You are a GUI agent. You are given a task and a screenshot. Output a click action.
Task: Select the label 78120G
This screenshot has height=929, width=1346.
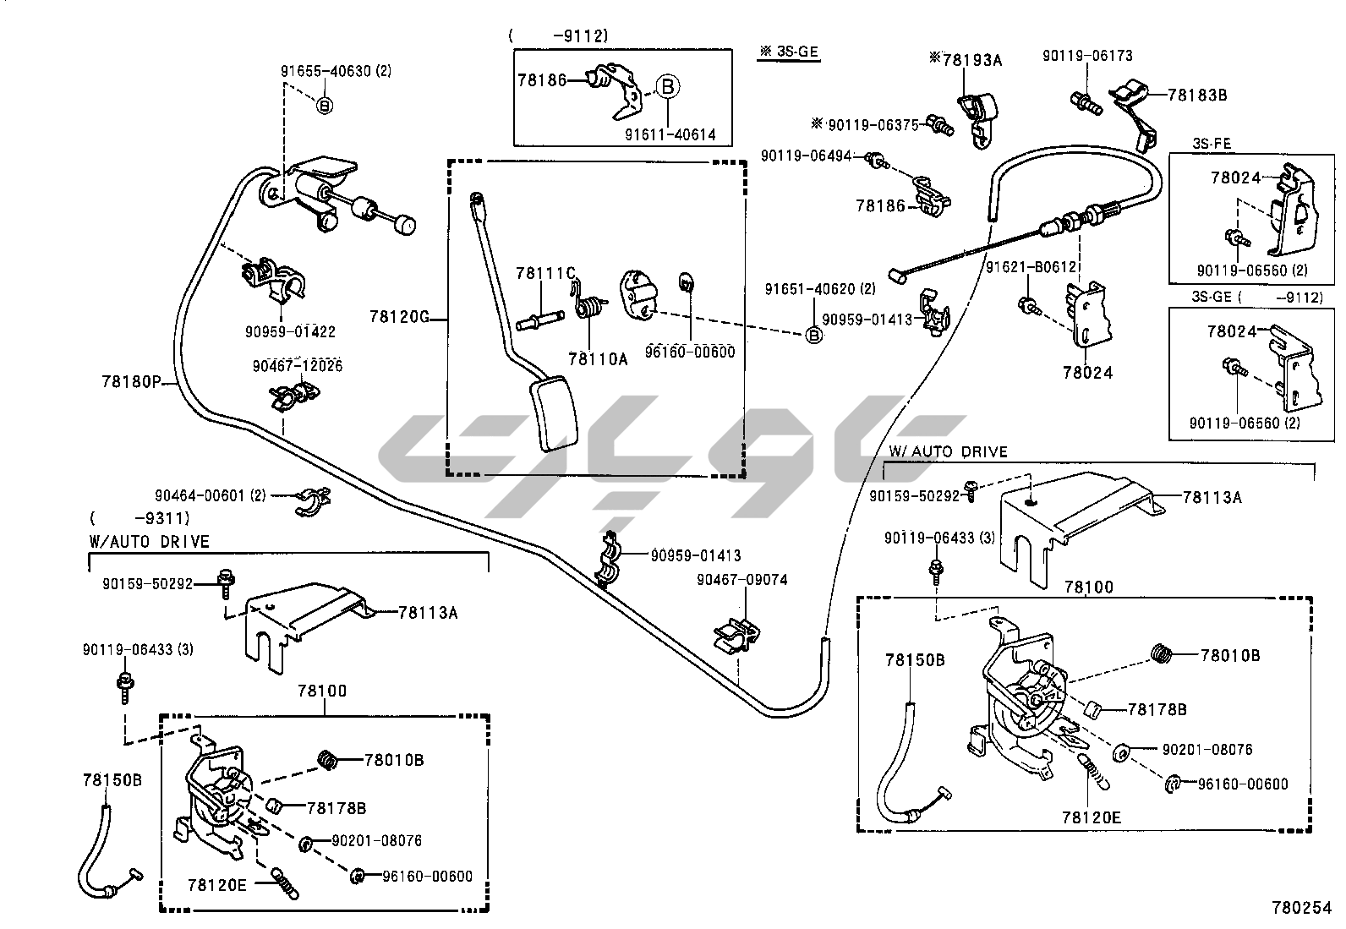pos(399,317)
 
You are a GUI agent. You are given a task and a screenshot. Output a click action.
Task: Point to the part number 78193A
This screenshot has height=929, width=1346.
pos(966,59)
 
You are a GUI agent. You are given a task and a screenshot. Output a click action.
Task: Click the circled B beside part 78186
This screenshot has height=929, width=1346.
pos(666,87)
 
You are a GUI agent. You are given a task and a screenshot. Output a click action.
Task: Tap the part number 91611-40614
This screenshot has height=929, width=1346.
pos(670,134)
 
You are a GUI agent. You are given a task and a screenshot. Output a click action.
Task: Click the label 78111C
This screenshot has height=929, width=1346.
pos(545,272)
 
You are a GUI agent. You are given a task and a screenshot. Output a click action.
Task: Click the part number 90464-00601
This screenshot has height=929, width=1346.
pos(210,495)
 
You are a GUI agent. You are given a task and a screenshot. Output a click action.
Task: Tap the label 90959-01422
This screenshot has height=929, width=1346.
pos(290,332)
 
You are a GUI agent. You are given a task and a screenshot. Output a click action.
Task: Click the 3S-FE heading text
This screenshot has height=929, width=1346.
pos(1211,144)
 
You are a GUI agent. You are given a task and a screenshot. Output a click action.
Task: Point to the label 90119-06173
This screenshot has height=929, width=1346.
pos(1087,56)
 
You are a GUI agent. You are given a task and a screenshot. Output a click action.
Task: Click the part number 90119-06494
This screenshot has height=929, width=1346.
pos(813,156)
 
